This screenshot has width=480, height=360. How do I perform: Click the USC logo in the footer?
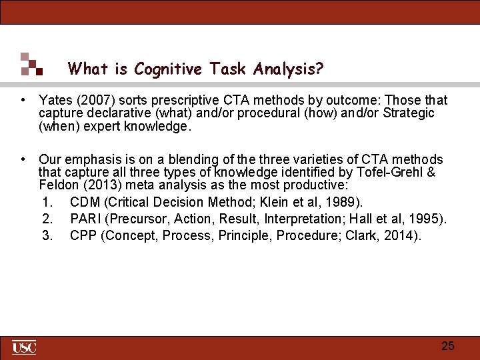[x=24, y=347]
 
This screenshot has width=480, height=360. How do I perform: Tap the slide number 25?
[x=448, y=346]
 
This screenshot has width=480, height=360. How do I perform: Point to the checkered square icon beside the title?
[x=31, y=64]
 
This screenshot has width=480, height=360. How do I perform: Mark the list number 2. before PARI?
[x=47, y=219]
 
